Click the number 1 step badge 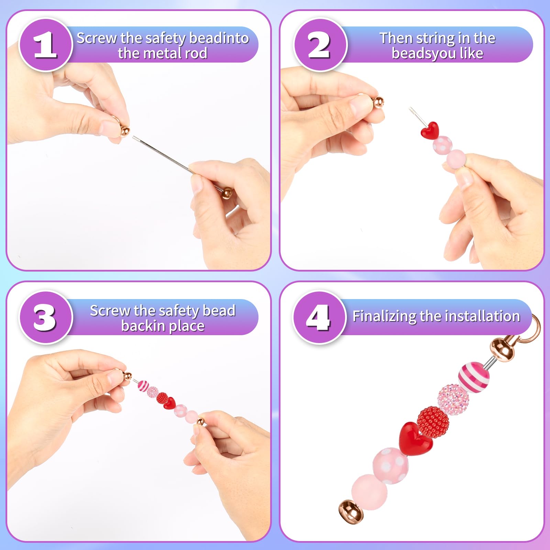(x=45, y=45)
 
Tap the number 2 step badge (x=320, y=45)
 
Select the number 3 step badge (x=45, y=317)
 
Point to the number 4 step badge (x=319, y=317)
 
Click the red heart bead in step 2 (x=430, y=130)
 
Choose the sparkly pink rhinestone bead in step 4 (x=453, y=399)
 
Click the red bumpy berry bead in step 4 (x=433, y=422)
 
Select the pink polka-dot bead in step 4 (x=391, y=465)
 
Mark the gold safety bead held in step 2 (x=378, y=102)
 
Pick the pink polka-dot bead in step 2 (x=442, y=145)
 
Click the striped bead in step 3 (x=143, y=385)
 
